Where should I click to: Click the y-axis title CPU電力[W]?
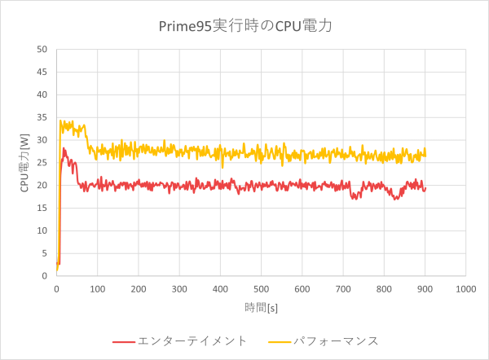click(25, 163)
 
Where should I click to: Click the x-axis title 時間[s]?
click(262, 307)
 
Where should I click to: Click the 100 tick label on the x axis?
click(97, 288)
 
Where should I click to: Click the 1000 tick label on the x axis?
click(466, 288)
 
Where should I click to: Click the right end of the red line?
click(425, 188)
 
